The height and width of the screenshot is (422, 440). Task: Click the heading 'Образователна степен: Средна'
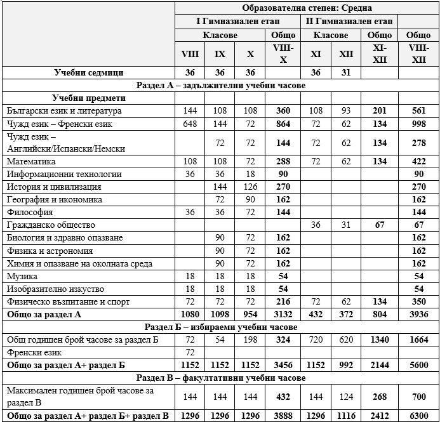click(x=307, y=8)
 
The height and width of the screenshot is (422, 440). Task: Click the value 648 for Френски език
click(x=190, y=124)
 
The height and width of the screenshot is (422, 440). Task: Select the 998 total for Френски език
click(x=418, y=124)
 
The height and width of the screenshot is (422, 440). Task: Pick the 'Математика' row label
click(x=30, y=161)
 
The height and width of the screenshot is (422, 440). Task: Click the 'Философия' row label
click(x=30, y=212)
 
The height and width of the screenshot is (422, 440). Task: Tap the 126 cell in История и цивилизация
click(x=251, y=187)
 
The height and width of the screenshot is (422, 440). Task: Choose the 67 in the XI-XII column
click(x=380, y=225)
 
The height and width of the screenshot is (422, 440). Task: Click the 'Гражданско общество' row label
click(x=50, y=225)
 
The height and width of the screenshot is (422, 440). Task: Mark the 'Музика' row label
click(x=22, y=276)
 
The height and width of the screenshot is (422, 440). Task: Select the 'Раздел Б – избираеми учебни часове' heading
click(x=220, y=327)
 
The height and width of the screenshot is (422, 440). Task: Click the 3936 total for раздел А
click(x=418, y=314)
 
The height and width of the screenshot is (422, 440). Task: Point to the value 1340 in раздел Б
click(x=380, y=340)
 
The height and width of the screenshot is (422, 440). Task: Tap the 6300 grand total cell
click(x=418, y=416)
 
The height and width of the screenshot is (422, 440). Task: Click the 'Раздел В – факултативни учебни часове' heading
click(x=220, y=378)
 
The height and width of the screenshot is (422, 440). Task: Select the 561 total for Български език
click(x=418, y=110)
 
